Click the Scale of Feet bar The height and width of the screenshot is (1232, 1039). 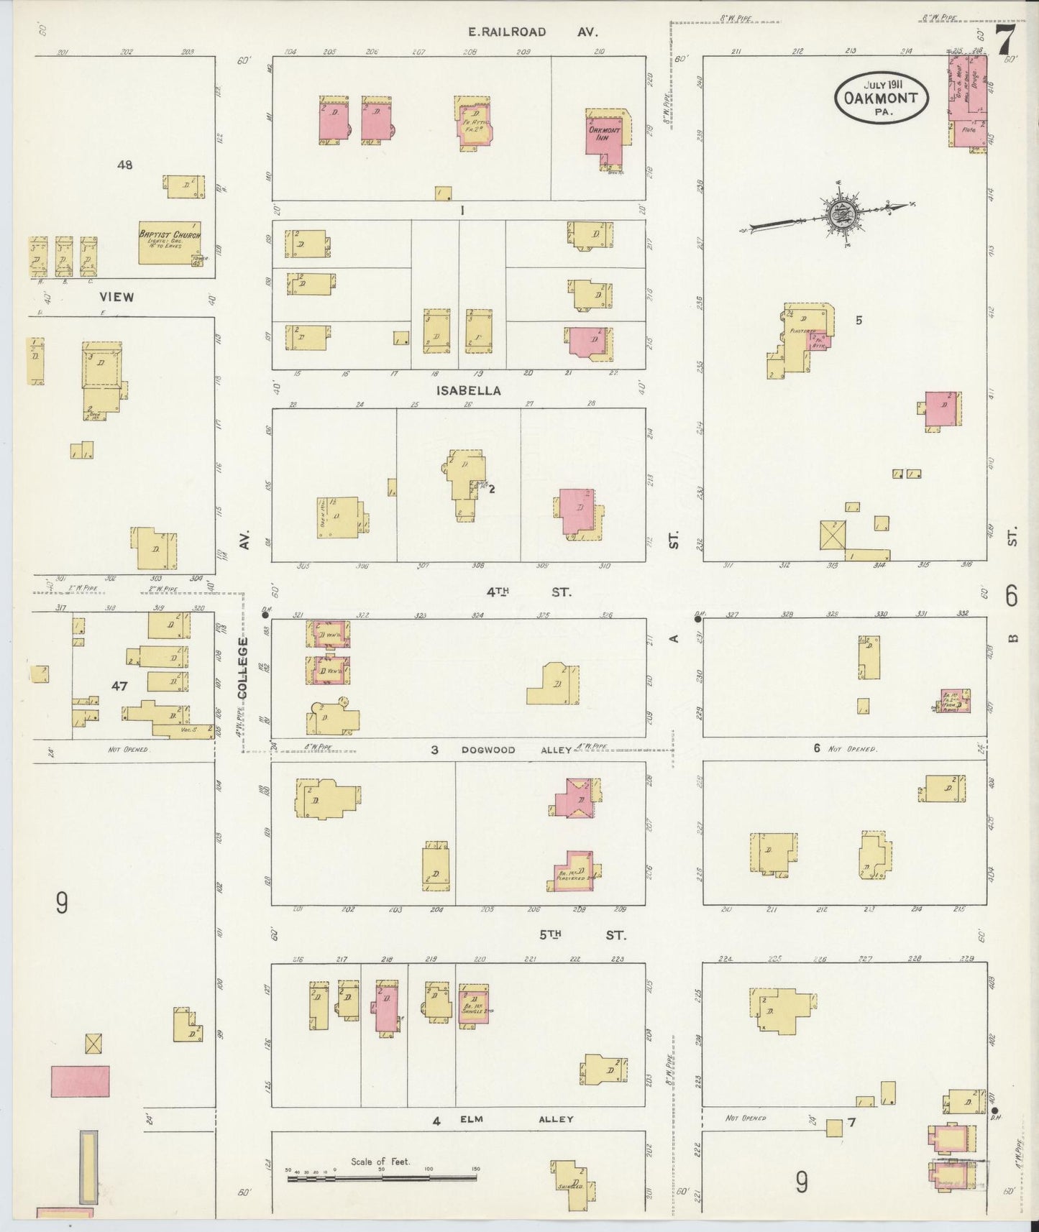pyautogui.click(x=382, y=1178)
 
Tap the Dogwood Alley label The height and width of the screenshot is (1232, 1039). pyautogui.click(x=516, y=750)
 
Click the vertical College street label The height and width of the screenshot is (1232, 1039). pyautogui.click(x=242, y=667)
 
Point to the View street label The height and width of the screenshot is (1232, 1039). pyautogui.click(x=117, y=296)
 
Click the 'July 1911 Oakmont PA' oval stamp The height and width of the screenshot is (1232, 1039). pyautogui.click(x=882, y=96)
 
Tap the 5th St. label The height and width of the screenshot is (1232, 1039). pyautogui.click(x=582, y=935)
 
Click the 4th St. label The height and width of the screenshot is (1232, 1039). pyautogui.click(x=528, y=592)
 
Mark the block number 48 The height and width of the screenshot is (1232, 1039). pyautogui.click(x=125, y=165)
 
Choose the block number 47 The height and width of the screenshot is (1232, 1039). pyautogui.click(x=119, y=686)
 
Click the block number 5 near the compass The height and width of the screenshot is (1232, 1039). pyautogui.click(x=859, y=320)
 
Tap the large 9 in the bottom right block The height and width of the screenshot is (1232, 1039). pyautogui.click(x=802, y=1182)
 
